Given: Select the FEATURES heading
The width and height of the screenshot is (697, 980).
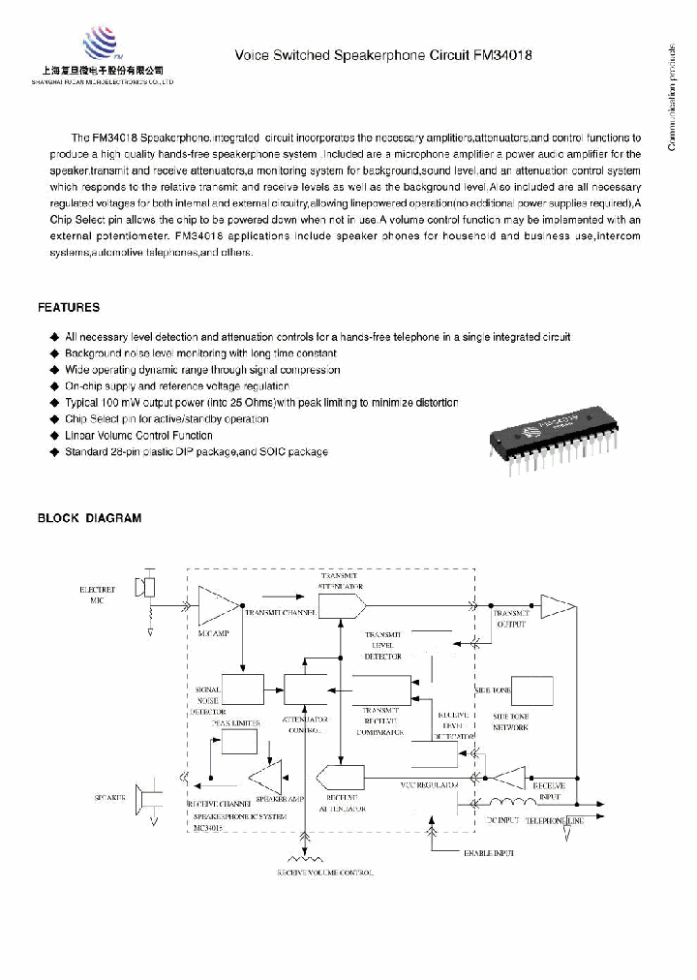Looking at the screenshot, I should click(x=68, y=307).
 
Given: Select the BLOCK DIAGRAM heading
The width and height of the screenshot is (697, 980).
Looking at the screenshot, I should click(x=89, y=518).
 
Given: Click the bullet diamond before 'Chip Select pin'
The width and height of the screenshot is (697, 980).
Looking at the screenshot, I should click(x=54, y=419).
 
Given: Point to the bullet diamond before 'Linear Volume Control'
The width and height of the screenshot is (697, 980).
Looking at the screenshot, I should click(x=54, y=436).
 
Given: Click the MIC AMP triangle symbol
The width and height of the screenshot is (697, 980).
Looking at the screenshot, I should click(x=216, y=606).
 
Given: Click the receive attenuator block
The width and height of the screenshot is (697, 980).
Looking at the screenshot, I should click(x=340, y=777).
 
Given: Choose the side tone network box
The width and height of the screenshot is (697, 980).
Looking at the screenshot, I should click(x=531, y=690).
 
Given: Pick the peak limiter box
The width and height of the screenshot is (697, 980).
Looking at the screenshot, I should click(x=238, y=741).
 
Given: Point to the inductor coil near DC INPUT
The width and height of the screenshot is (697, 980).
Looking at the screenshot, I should click(x=512, y=803).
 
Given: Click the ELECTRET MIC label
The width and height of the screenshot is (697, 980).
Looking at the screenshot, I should click(x=97, y=594).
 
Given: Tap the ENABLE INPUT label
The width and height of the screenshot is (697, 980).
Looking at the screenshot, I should click(x=489, y=852).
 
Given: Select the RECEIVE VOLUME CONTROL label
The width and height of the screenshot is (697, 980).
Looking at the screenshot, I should click(x=324, y=873).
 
